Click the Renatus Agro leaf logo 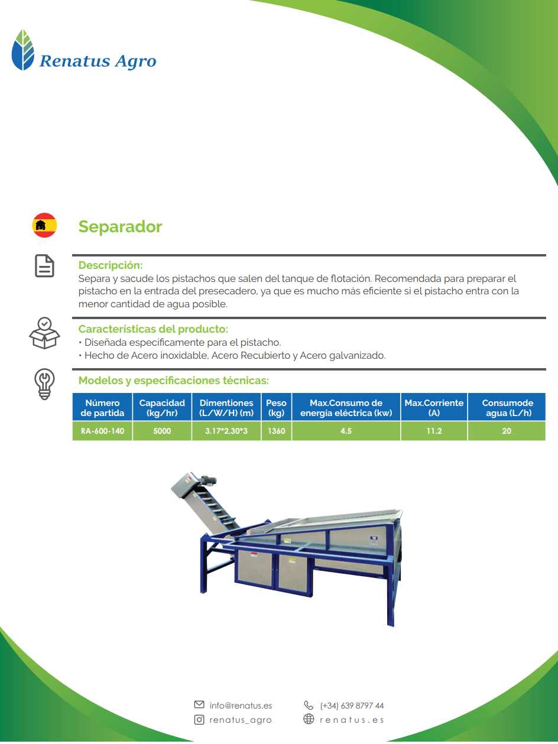click(x=23, y=50)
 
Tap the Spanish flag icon click(x=44, y=225)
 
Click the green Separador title click(x=120, y=226)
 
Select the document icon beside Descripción click(x=44, y=266)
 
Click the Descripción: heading click(x=111, y=265)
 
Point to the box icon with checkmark click(x=44, y=333)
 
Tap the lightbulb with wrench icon click(x=44, y=384)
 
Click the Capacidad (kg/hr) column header click(x=162, y=407)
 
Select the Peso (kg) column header click(x=276, y=407)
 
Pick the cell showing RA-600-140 click(x=102, y=431)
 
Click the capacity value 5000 click(x=162, y=431)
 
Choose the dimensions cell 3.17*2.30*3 click(x=226, y=431)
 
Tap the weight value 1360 click(x=276, y=431)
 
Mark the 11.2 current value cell click(x=434, y=431)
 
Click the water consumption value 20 click(x=507, y=431)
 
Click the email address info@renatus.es click(x=241, y=706)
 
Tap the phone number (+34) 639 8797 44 click(x=352, y=706)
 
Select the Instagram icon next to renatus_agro click(x=199, y=719)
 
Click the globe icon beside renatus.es click(x=309, y=719)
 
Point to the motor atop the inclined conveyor click(x=208, y=480)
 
